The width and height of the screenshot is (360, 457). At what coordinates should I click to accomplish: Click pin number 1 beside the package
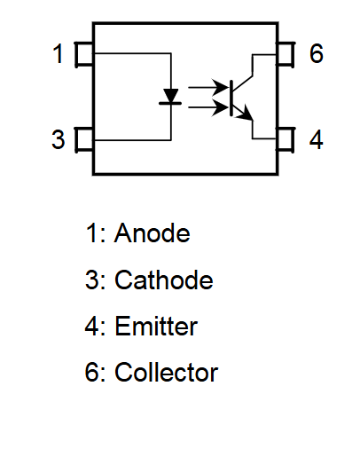click(x=58, y=53)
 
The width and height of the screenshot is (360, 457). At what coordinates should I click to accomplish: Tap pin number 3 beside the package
click(x=58, y=139)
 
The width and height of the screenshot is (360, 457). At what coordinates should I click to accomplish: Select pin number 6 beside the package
click(x=316, y=53)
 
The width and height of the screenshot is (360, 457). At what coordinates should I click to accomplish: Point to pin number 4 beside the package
click(x=316, y=139)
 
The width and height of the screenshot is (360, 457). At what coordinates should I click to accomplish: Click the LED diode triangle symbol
click(x=171, y=95)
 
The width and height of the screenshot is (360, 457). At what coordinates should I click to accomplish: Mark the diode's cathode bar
click(x=170, y=103)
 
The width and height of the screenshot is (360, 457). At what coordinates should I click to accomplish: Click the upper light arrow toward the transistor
click(x=208, y=87)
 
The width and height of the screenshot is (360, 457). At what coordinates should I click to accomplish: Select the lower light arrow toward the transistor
click(x=208, y=107)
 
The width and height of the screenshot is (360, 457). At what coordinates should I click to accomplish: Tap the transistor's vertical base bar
click(x=231, y=98)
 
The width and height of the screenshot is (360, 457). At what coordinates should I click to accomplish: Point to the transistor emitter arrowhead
click(x=246, y=114)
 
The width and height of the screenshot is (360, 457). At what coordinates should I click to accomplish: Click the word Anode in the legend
click(x=152, y=232)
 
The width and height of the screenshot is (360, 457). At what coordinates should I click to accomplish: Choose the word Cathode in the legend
click(x=164, y=280)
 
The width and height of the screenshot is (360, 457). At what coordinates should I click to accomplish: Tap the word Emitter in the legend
click(x=156, y=326)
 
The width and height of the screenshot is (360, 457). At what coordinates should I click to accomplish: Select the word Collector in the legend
click(x=166, y=372)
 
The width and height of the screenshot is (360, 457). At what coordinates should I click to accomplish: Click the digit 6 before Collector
click(x=91, y=372)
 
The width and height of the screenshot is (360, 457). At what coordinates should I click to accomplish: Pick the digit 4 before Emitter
click(x=92, y=326)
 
